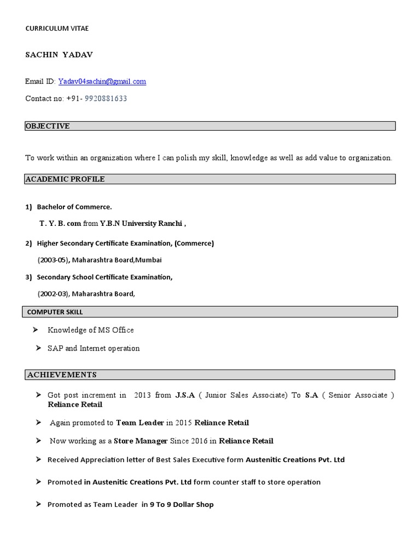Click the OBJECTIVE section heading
coord(48,126)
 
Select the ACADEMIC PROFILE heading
coord(65,179)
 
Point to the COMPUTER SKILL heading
coord(55,312)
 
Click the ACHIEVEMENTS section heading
coord(62,375)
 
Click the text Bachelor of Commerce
coord(74,207)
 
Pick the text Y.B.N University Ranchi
coord(142,224)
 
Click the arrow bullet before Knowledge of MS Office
coord(35,330)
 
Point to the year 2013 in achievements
coord(142,395)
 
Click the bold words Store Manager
coord(141,441)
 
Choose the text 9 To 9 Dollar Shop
coord(182,504)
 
